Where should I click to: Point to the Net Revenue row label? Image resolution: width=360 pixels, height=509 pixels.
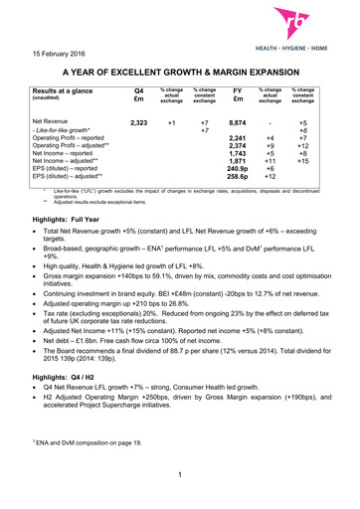coord(56,120)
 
